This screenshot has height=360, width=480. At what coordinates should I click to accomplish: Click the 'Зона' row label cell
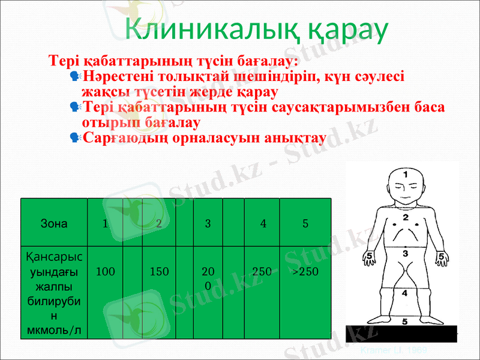tap(53, 224)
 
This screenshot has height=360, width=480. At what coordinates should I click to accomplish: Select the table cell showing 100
tap(106, 272)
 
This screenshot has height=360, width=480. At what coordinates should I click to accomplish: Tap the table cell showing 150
tap(159, 272)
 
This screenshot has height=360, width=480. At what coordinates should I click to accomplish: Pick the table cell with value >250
tap(305, 272)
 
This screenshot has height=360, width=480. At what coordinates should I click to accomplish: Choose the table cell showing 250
tap(262, 272)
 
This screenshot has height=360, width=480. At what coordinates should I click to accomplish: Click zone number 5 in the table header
tap(305, 224)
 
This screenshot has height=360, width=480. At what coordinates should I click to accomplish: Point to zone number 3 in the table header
tap(208, 224)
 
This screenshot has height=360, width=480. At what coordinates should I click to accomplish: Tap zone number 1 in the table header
tap(105, 224)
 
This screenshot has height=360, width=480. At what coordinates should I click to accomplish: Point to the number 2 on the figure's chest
tap(406, 217)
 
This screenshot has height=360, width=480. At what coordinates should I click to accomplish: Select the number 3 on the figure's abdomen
tap(406, 254)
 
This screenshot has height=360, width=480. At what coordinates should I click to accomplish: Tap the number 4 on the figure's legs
tap(405, 293)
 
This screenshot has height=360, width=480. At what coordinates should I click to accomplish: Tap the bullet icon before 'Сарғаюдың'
tap(75, 137)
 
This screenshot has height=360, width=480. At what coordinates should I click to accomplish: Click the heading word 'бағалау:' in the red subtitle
tap(268, 61)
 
